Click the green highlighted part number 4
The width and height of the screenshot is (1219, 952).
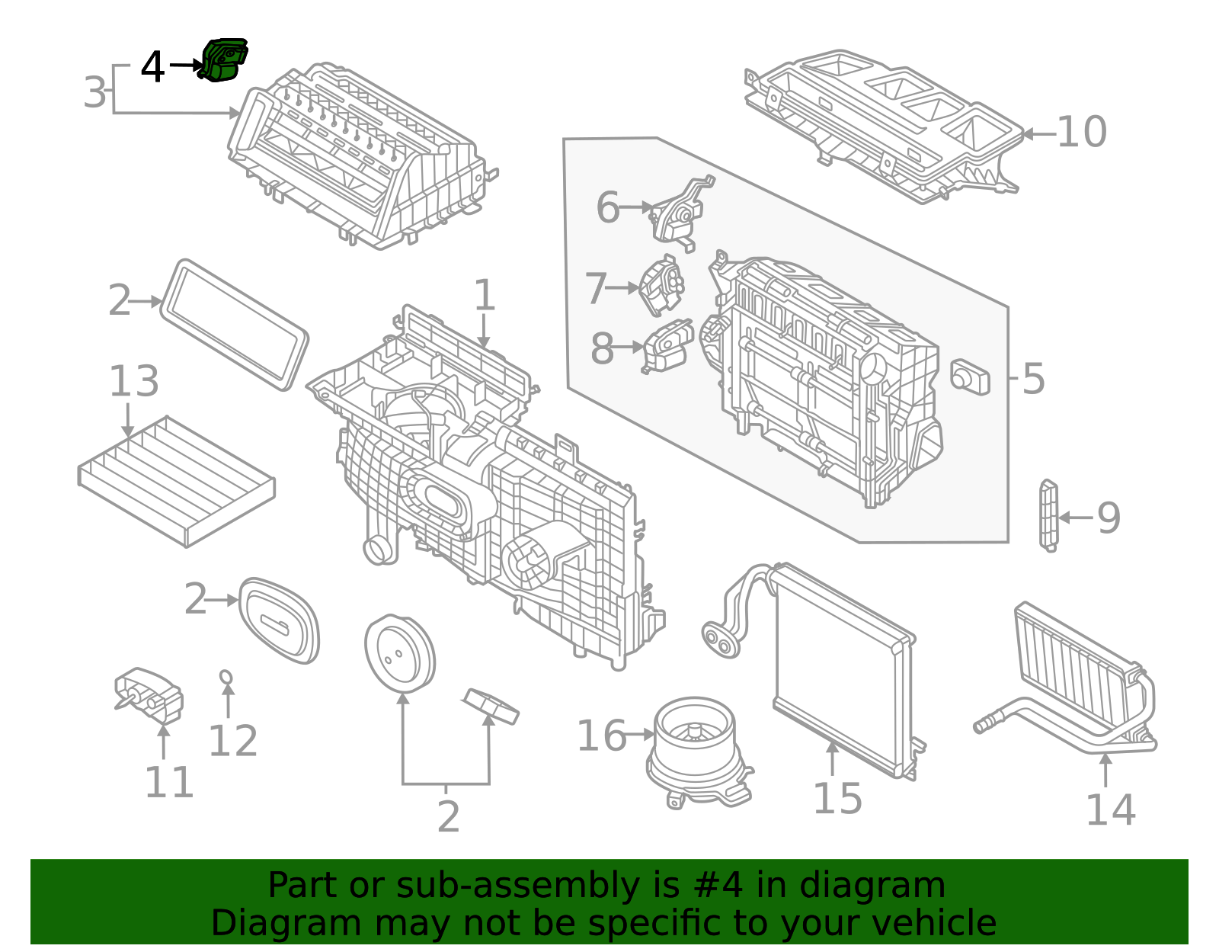click(224, 60)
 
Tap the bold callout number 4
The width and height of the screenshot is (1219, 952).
click(152, 67)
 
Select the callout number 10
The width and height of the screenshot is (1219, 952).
click(1081, 133)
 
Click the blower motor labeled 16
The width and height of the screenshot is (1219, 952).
click(697, 751)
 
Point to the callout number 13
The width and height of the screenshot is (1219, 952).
click(134, 381)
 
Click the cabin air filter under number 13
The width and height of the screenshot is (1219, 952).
click(177, 480)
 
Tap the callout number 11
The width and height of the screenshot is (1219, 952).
click(169, 782)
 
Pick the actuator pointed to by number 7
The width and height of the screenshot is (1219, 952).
click(661, 287)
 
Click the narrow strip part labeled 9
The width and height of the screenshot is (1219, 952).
click(1048, 514)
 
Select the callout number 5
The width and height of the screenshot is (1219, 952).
click(1032, 379)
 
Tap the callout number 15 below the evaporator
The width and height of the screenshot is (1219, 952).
click(837, 799)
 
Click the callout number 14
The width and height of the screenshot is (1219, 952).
click(1110, 809)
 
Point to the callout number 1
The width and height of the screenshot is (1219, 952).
click(485, 296)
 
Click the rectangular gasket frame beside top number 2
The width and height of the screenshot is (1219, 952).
click(234, 325)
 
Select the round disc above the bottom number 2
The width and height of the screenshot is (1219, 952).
click(400, 654)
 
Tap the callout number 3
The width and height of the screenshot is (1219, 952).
click(94, 92)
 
